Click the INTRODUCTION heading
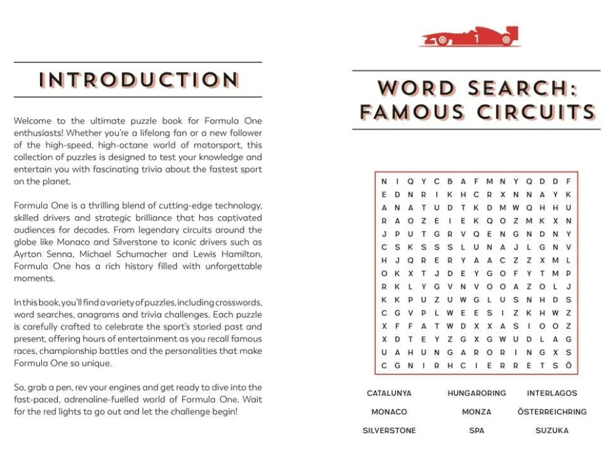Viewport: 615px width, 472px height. coord(138,80)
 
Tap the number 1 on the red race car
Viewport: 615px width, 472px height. coord(476,39)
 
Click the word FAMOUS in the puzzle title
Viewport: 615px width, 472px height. coord(412,112)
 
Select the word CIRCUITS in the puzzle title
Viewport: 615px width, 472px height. coord(536,112)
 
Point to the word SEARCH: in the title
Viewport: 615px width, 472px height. coord(523,88)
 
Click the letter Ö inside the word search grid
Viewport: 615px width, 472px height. coord(569,366)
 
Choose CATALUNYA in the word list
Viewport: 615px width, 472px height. coord(389,393)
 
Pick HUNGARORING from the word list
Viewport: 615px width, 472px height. coord(477,393)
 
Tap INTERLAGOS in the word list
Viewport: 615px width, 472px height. coord(552,393)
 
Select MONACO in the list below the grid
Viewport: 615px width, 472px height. coord(389,412)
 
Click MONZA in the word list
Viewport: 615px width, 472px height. coord(477,412)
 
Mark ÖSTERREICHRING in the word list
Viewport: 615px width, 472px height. coord(552,412)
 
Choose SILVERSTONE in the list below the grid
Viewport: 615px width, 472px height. coord(389,431)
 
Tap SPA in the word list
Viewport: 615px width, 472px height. coord(477,431)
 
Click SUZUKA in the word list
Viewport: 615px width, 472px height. coord(552,431)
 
